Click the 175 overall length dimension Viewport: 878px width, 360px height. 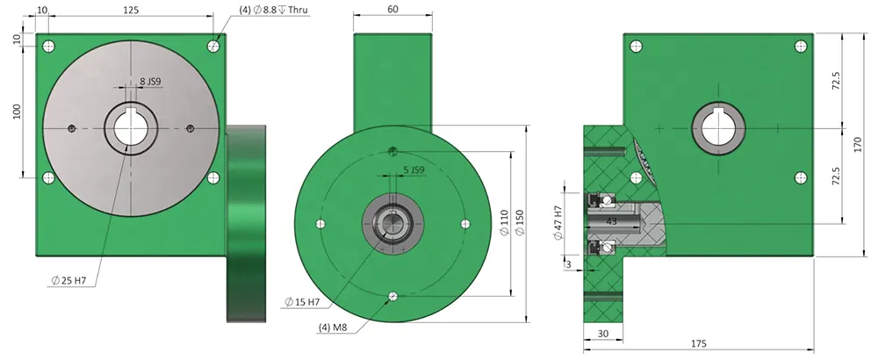pyautogui.click(x=697, y=344)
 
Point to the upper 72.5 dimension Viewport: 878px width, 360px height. pyautogui.click(x=837, y=81)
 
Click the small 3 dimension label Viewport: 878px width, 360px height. pyautogui.click(x=569, y=263)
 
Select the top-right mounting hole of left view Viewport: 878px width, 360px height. pyautogui.click(x=213, y=46)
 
